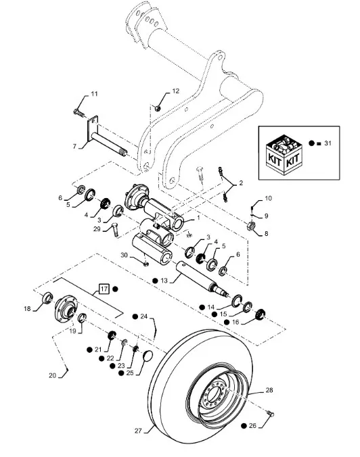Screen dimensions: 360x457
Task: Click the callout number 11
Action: (x=94, y=94)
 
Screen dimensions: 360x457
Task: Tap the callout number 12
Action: (x=176, y=91)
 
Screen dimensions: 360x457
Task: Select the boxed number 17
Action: (x=104, y=289)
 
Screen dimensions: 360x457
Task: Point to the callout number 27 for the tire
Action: (x=138, y=431)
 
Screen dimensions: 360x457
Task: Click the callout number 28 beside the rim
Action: (x=269, y=390)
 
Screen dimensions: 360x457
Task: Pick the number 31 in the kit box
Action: (x=328, y=143)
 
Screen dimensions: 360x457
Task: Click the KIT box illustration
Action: (x=284, y=154)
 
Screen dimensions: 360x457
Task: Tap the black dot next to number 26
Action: (x=244, y=426)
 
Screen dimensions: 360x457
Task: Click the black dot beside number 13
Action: (x=156, y=281)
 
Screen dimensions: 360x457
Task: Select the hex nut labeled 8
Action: (x=251, y=226)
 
